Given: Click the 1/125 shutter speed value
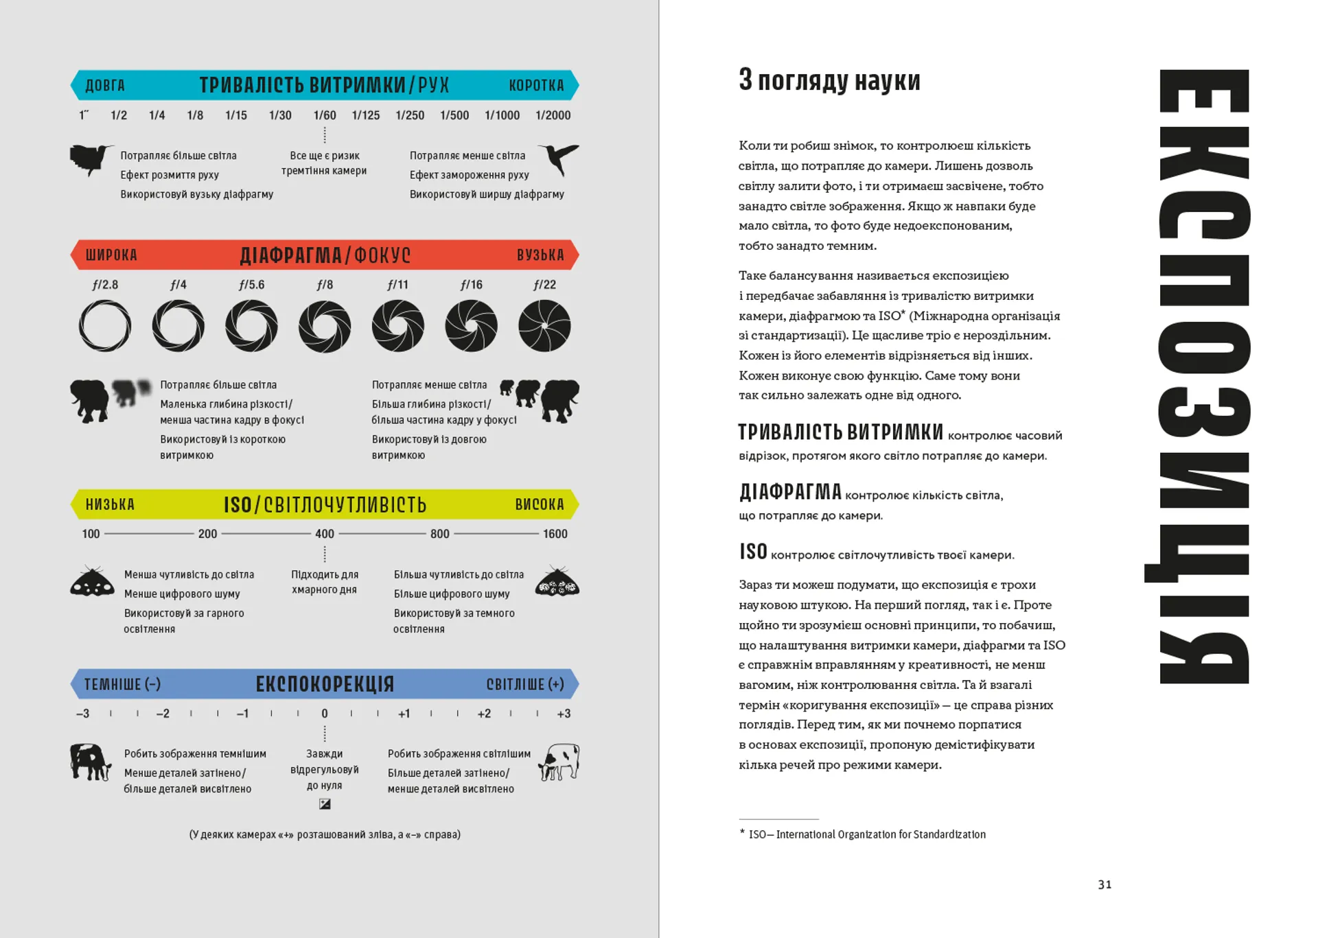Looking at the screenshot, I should (365, 115).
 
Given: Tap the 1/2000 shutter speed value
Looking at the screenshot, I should (553, 115).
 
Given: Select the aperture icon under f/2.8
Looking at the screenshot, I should (105, 327).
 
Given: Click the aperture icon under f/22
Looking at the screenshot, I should (544, 327).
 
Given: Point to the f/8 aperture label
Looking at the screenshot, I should (325, 285).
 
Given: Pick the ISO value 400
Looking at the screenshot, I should (325, 534).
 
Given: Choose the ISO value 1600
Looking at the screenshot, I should (555, 534).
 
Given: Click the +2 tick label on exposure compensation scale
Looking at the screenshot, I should (484, 714).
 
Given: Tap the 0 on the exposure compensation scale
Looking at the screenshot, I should (325, 714).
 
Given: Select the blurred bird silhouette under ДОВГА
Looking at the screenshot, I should (90, 160).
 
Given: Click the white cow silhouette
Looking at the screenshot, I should (559, 762).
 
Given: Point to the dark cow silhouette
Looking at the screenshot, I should (90, 762).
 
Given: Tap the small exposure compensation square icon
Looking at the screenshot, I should (325, 804).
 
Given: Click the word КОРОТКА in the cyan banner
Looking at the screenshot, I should (536, 86).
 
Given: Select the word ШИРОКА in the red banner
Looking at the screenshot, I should (111, 255).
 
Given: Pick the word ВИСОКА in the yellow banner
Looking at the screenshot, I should (540, 505).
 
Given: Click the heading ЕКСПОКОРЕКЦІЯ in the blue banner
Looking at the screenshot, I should (325, 684).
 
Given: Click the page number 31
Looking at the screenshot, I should (1105, 884).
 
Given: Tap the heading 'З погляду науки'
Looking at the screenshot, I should (829, 81).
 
